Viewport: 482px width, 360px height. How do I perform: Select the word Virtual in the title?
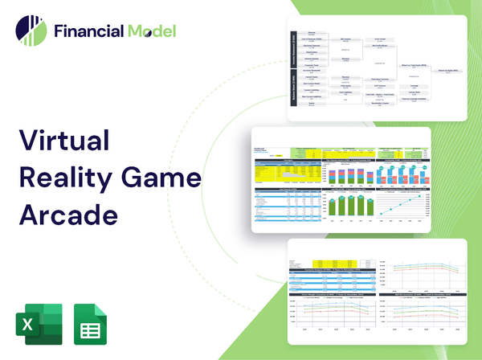pyautogui.click(x=64, y=141)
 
